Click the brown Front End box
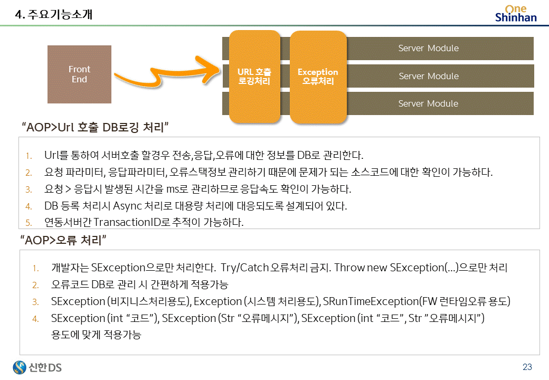coord(79,74)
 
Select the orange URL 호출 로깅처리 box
coord(254,76)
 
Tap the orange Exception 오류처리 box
coord(318,76)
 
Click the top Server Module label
coord(428,49)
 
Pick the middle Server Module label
coord(428,76)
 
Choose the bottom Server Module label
coord(428,103)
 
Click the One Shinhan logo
coord(516,13)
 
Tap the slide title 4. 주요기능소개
coord(54,15)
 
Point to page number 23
coord(527,367)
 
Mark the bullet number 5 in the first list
coord(29,223)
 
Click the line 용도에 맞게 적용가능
coord(96,335)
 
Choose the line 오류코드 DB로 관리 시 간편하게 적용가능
coord(139,284)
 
